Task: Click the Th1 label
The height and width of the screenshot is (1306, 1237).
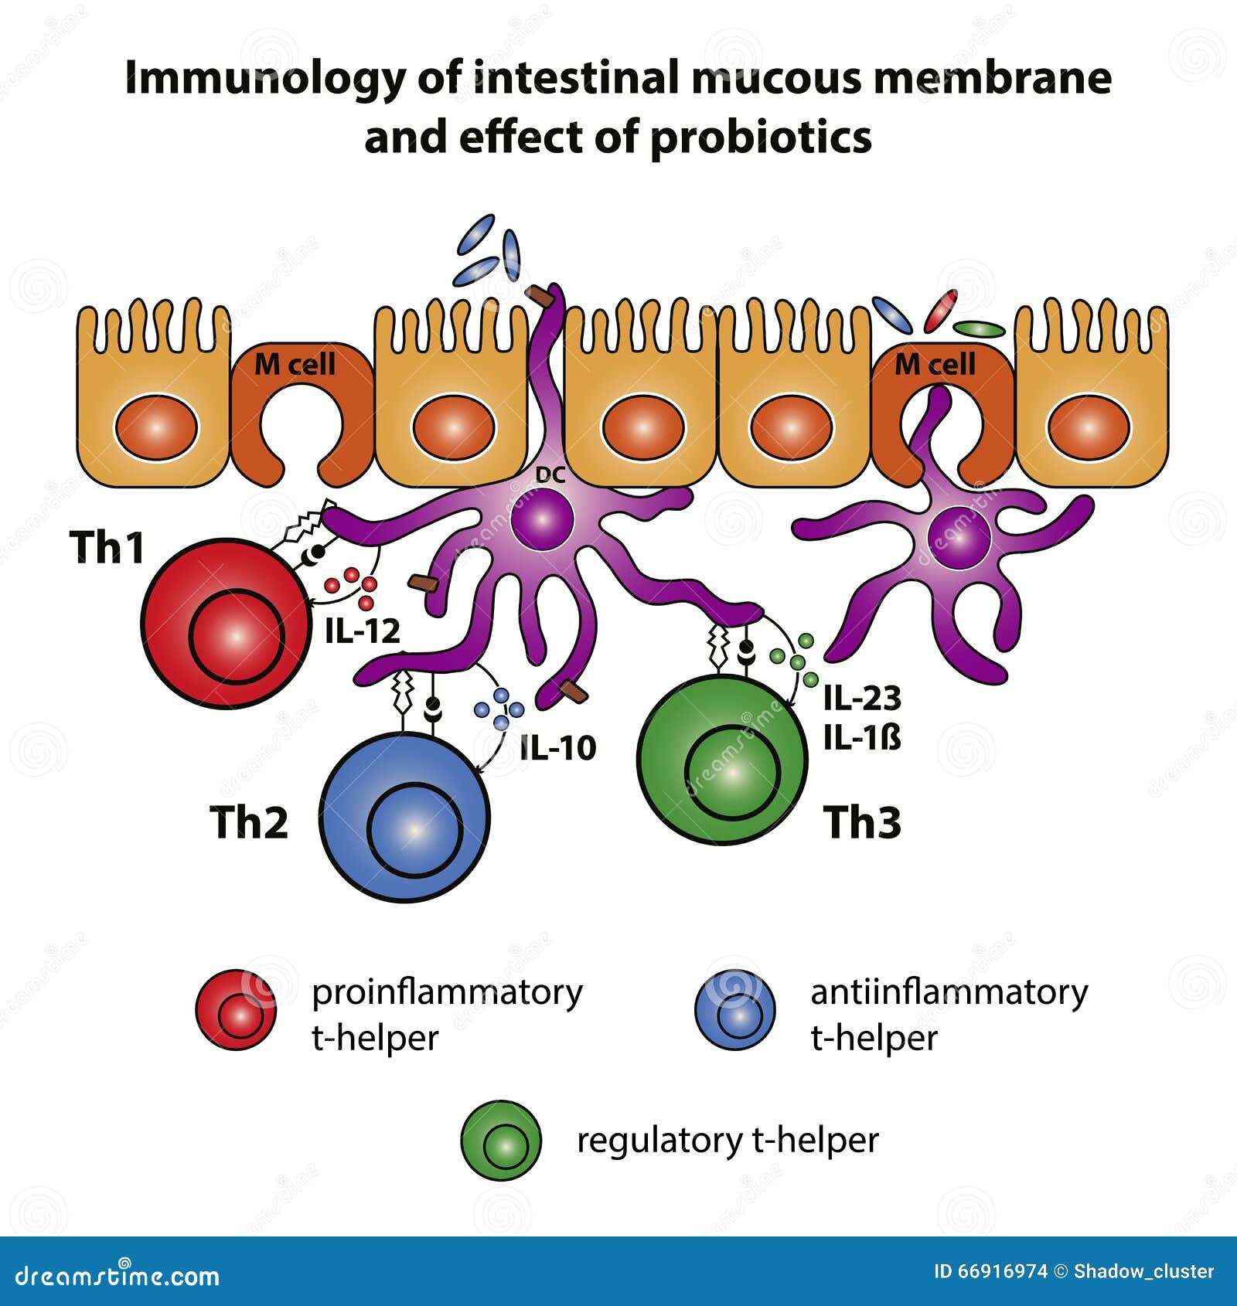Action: pyautogui.click(x=107, y=546)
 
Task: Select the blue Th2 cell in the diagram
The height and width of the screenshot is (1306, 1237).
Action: pyautogui.click(x=404, y=817)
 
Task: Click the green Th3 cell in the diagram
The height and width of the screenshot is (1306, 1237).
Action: pyautogui.click(x=722, y=760)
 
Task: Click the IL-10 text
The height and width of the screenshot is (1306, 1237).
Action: pyautogui.click(x=557, y=747)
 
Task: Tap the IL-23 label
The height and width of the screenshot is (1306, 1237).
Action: pyautogui.click(x=862, y=698)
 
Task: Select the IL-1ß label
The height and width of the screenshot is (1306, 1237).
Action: pyautogui.click(x=862, y=739)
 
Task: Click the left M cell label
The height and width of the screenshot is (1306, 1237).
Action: pyautogui.click(x=295, y=364)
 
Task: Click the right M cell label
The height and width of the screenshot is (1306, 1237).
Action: pyautogui.click(x=935, y=364)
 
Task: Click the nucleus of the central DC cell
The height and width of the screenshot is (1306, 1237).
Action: pyautogui.click(x=542, y=519)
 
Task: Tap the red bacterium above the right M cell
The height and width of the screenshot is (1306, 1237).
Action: pyautogui.click(x=940, y=311)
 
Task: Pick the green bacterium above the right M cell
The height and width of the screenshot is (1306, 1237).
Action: pyautogui.click(x=979, y=329)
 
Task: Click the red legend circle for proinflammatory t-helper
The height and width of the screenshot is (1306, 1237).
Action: pyautogui.click(x=236, y=1009)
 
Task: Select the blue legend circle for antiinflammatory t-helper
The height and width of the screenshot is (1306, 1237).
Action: pyautogui.click(x=735, y=1009)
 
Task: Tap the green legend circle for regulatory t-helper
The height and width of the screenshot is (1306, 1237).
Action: pyautogui.click(x=501, y=1141)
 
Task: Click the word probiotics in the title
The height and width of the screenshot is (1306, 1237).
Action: pyautogui.click(x=761, y=138)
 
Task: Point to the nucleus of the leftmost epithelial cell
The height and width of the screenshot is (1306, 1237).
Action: pyautogui.click(x=157, y=427)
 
